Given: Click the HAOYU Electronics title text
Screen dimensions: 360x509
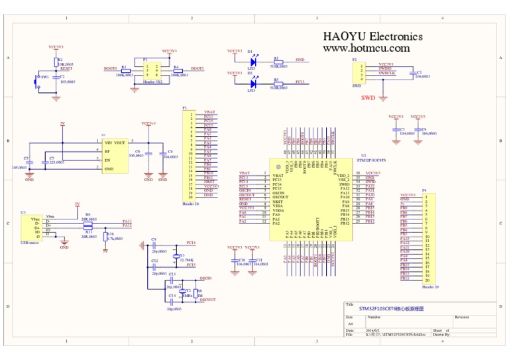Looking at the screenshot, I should coord(372,36).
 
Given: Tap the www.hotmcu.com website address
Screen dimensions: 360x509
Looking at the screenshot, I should coord(366,48).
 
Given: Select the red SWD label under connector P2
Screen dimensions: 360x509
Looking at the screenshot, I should coord(368,97).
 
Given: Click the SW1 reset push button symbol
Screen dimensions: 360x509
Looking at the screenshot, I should coord(37,80).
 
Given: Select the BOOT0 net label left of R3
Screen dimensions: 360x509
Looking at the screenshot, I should coord(110,68).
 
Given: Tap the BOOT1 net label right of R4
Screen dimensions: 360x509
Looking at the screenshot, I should coord(198,68).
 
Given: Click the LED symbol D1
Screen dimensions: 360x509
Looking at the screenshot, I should coord(252,64).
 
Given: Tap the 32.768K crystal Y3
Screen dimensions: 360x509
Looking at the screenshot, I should coord(176,256).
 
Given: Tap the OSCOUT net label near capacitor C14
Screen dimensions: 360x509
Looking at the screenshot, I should coord(207,300).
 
